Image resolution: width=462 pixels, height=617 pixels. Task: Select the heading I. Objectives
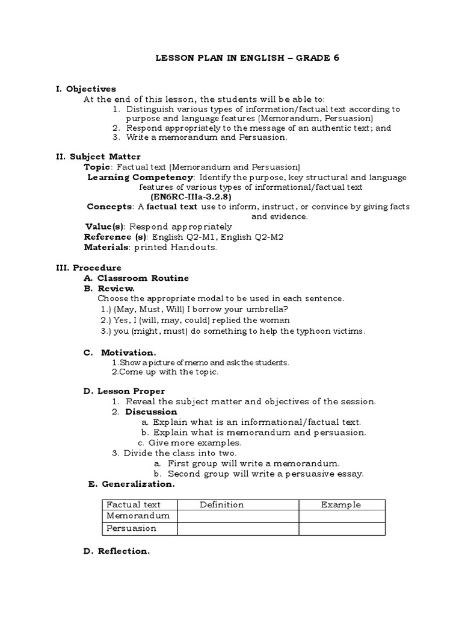pyautogui.click(x=86, y=89)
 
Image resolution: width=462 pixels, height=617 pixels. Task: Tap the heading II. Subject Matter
pyautogui.click(x=98, y=156)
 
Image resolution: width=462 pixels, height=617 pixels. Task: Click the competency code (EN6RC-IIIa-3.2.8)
pyautogui.click(x=191, y=196)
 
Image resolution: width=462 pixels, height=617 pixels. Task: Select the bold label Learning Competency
pyautogui.click(x=141, y=177)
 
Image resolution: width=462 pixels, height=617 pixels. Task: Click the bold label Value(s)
pyautogui.click(x=104, y=227)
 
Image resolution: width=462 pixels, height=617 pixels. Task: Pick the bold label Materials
pyautogui.click(x=105, y=247)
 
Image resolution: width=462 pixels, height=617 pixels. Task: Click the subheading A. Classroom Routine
pyautogui.click(x=136, y=278)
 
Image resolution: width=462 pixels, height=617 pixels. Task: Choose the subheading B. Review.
pyautogui.click(x=109, y=289)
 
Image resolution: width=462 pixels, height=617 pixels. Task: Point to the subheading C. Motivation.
pyautogui.click(x=120, y=352)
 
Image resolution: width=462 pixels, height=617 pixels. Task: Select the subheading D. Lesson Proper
pyautogui.click(x=124, y=391)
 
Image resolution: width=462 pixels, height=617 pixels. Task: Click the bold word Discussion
pyautogui.click(x=151, y=412)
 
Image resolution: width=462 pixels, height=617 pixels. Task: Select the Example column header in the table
pyautogui.click(x=340, y=505)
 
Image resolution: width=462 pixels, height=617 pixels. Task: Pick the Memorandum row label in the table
pyautogui.click(x=138, y=516)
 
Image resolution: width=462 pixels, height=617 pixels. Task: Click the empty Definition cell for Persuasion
pyautogui.click(x=238, y=528)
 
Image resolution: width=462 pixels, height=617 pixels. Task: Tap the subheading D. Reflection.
pyautogui.click(x=115, y=551)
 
